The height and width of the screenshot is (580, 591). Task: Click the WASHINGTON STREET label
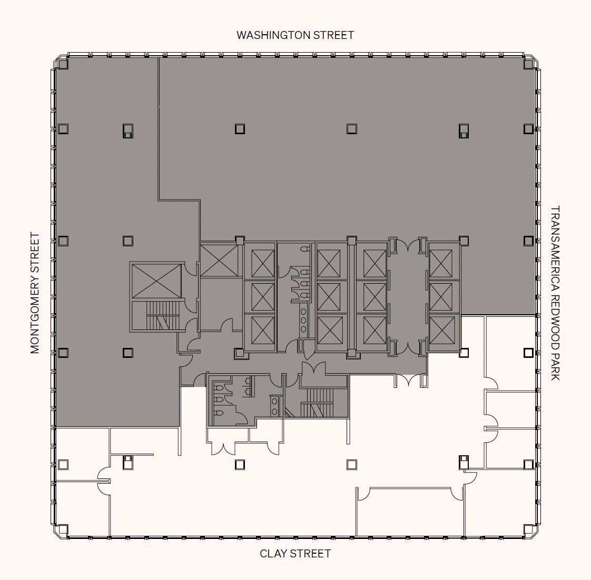pyautogui.click(x=295, y=35)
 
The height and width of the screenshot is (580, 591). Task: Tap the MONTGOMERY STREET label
pyautogui.click(x=35, y=293)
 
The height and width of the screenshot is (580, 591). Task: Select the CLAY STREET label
pyautogui.click(x=295, y=553)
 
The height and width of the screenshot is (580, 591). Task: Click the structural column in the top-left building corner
pyautogui.click(x=63, y=63)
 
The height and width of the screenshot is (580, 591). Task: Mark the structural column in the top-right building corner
pyautogui.click(x=528, y=63)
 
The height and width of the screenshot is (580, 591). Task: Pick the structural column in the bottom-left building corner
pyautogui.click(x=63, y=529)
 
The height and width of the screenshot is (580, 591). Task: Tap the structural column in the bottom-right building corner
pyautogui.click(x=528, y=529)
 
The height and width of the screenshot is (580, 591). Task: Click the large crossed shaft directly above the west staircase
pyautogui.click(x=156, y=281)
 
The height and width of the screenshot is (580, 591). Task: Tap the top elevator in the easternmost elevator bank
pyautogui.click(x=441, y=263)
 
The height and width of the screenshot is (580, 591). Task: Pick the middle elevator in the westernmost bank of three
pyautogui.click(x=263, y=297)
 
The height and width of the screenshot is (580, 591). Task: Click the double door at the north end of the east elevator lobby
pyautogui.click(x=408, y=245)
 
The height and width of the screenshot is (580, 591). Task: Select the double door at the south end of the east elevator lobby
pyautogui.click(x=408, y=347)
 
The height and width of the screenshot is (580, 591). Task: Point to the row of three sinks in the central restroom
pyautogui.click(x=303, y=320)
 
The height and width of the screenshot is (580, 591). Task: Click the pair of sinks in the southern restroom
pyautogui.click(x=275, y=406)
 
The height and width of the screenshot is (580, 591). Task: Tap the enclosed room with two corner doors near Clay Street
pyautogui.click(x=410, y=512)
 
